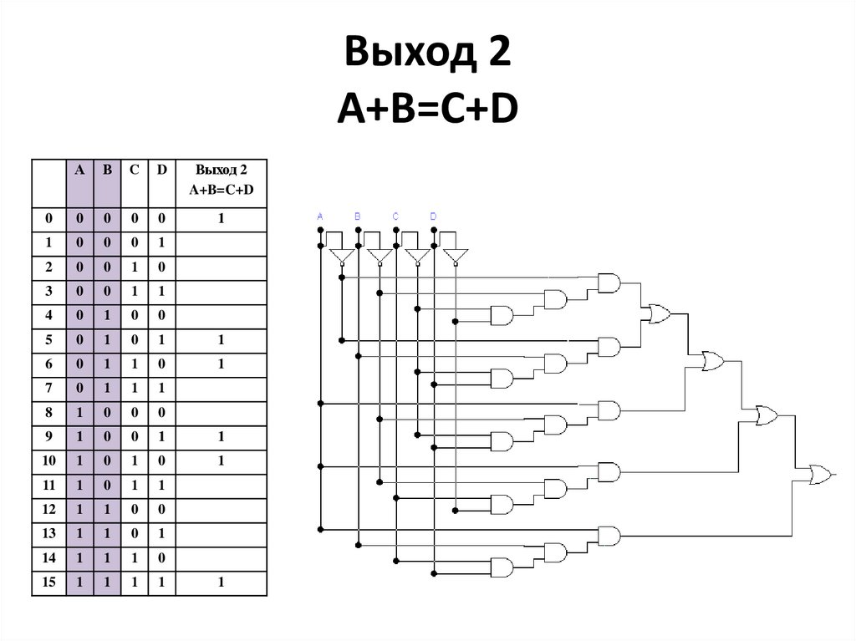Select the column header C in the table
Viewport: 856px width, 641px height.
pos(134,170)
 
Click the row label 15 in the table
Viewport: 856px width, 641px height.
pos(48,582)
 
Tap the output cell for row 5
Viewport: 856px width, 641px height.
pos(221,340)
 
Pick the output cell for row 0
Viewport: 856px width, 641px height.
pos(221,219)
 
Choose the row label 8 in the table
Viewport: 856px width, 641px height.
pos(48,413)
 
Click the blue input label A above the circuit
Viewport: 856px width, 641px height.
pos(320,216)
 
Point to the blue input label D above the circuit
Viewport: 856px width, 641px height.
pos(433,216)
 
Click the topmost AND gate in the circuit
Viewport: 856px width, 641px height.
pos(609,282)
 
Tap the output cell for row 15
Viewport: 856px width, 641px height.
pos(221,582)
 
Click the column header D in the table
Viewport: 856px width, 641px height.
pos(162,170)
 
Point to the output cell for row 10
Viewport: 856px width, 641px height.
pos(221,461)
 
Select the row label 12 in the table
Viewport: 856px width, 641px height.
pos(48,510)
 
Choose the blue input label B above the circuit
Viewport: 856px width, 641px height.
pos(358,216)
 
